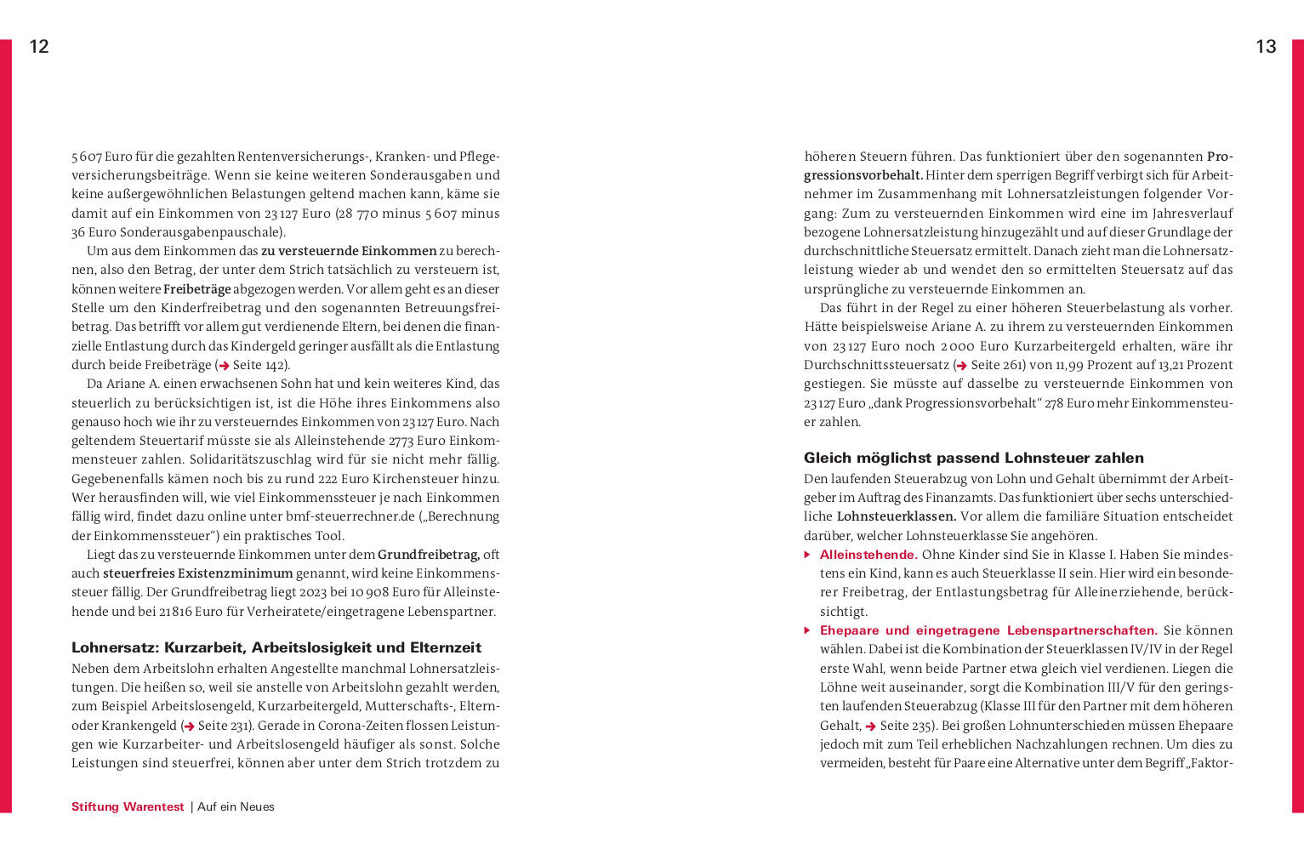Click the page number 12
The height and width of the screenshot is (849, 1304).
coord(39,47)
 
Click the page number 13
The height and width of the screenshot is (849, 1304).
coord(1266,47)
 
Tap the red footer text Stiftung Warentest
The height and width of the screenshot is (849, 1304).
coord(128,806)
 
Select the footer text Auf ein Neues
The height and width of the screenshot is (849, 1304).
coord(236,806)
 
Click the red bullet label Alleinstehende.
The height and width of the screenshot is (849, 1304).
coord(868,555)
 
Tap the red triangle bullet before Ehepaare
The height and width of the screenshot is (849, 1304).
coord(807,630)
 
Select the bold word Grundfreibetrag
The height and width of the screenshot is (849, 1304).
coord(428,555)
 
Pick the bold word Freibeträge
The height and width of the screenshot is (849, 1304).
coord(196,289)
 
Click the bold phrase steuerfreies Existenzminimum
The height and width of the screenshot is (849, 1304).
coord(197,573)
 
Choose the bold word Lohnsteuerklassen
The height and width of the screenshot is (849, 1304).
coord(896,516)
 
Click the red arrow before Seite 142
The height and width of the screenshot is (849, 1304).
coord(225,366)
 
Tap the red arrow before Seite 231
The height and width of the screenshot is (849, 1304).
coord(190,726)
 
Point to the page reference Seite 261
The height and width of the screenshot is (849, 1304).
coord(994,365)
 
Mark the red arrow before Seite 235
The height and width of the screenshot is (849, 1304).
coord(871,726)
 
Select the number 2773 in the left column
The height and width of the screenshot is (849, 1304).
coord(401,441)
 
